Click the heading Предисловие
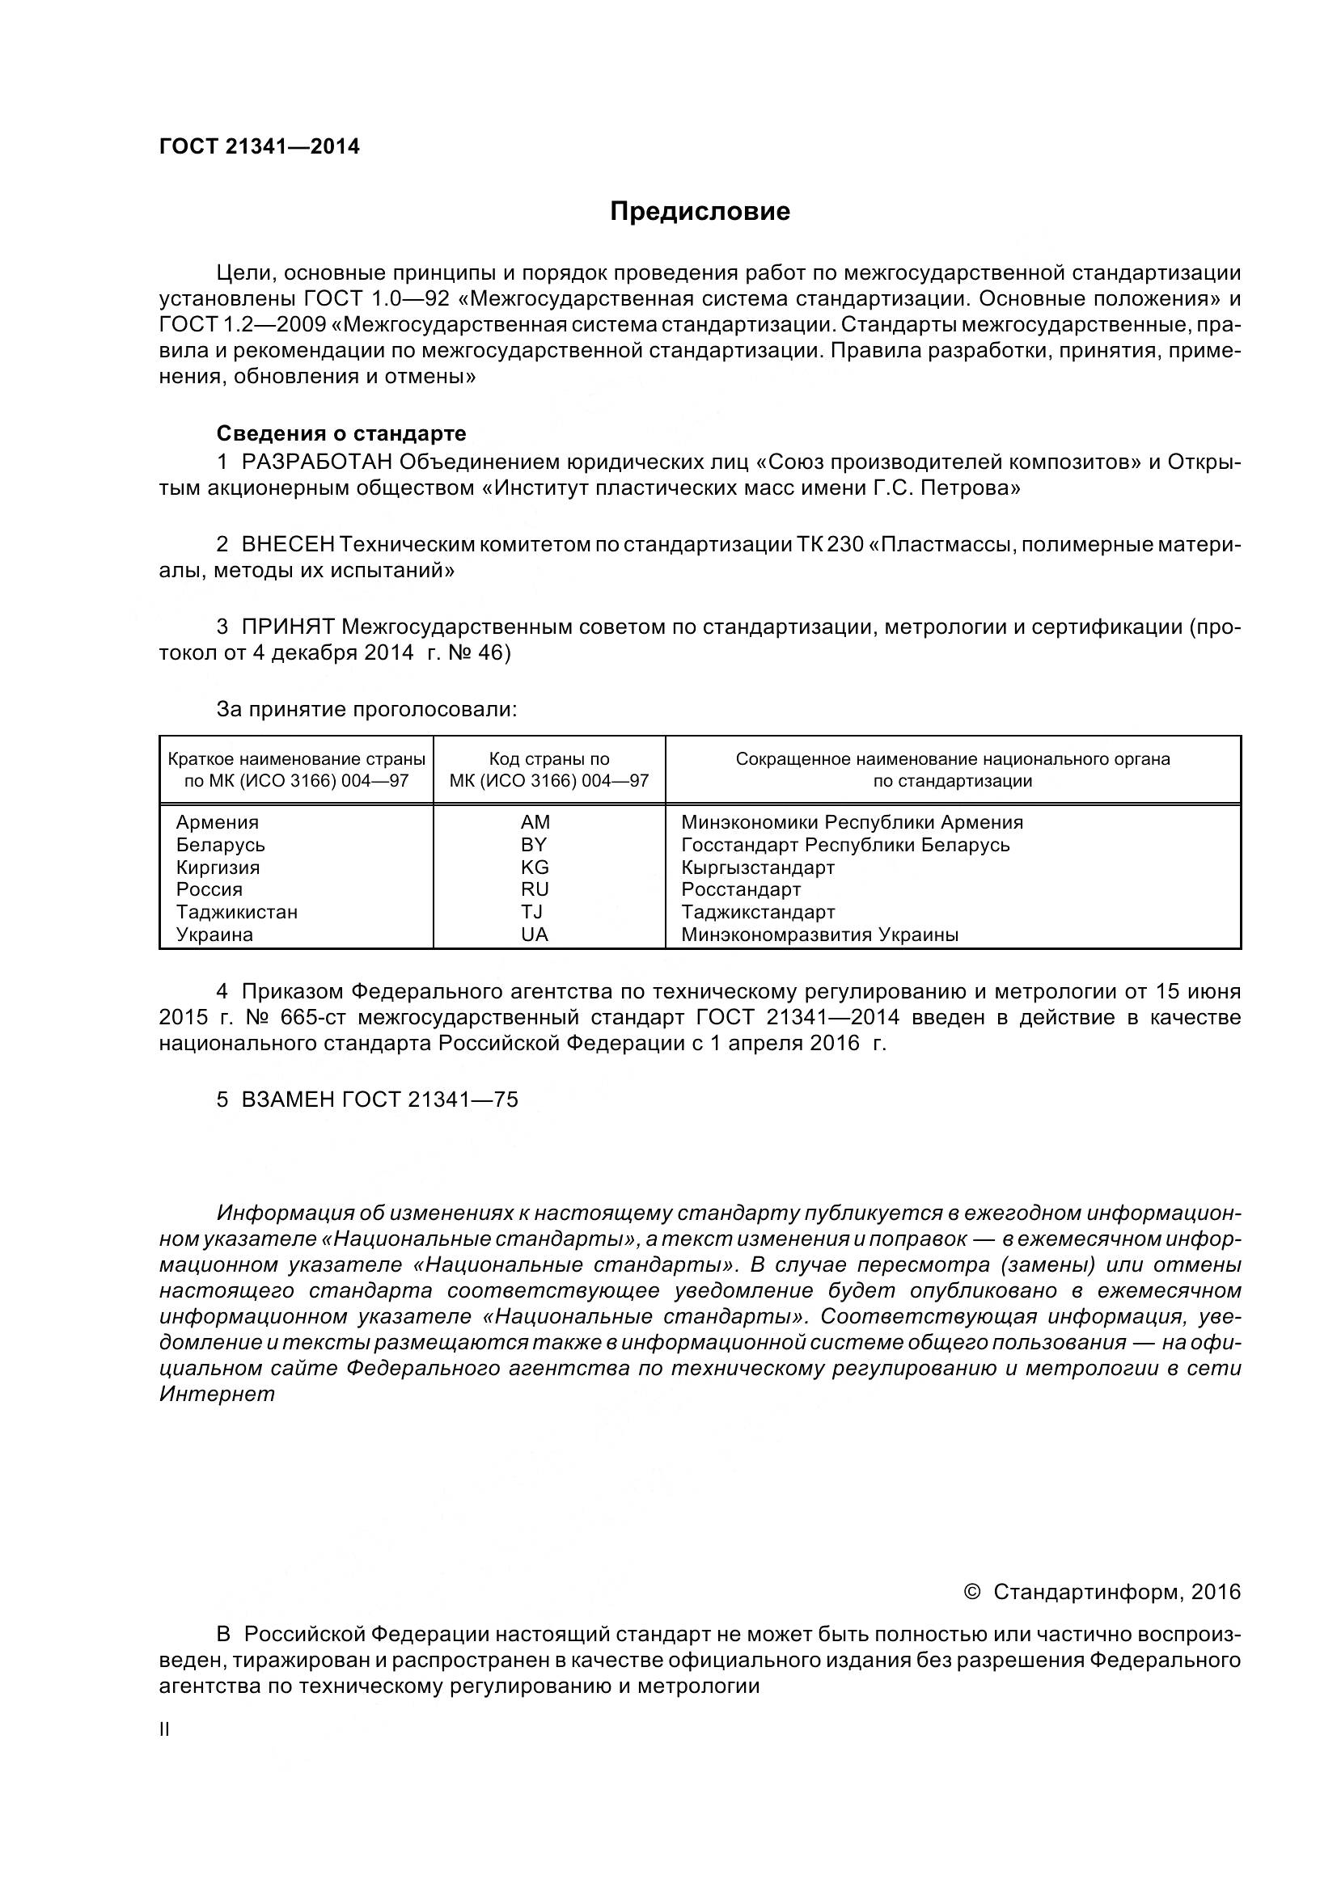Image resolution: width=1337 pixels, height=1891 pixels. point(700,212)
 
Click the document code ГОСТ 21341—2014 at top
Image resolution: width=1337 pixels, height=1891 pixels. point(260,146)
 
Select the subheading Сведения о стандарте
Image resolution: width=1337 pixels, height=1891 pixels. point(341,433)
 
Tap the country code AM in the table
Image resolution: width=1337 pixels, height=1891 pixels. point(535,822)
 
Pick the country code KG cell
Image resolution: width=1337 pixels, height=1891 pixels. point(535,867)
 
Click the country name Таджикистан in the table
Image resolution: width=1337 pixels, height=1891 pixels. point(237,912)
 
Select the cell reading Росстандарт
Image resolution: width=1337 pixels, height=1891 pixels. point(741,889)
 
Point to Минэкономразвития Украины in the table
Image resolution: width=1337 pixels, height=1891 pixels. point(819,935)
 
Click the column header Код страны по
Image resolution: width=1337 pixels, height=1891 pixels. point(548,759)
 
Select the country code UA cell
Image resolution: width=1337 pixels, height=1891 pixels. point(535,935)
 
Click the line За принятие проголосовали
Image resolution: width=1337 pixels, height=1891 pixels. point(366,709)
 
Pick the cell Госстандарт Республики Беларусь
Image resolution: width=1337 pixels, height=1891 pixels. point(845,845)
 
